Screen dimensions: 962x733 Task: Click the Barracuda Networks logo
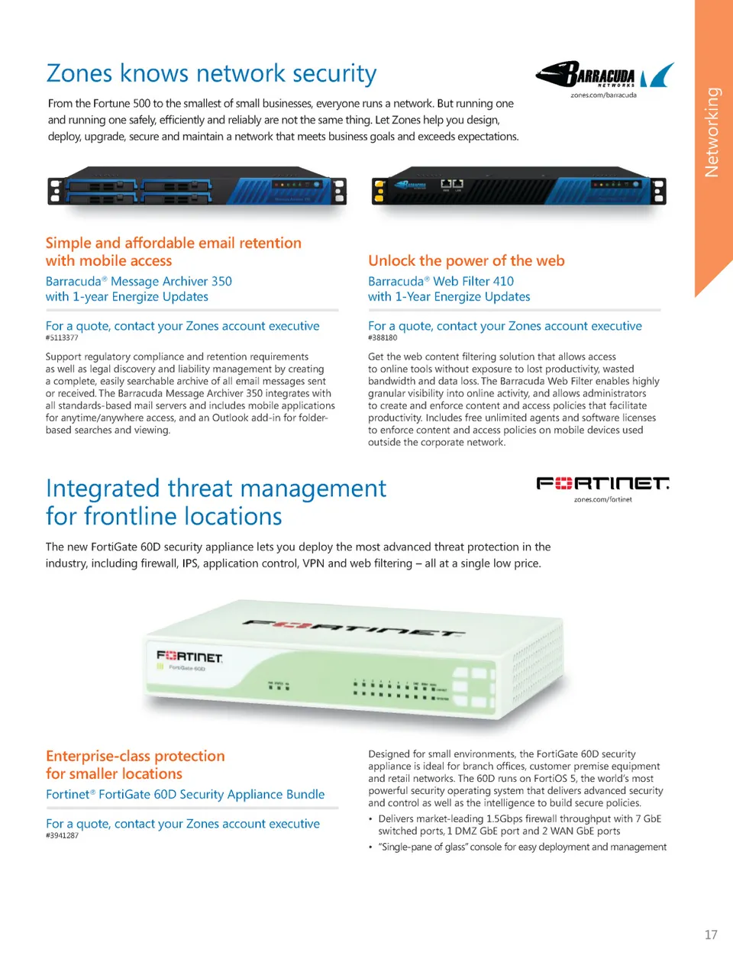(604, 75)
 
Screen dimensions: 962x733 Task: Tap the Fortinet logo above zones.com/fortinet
(602, 483)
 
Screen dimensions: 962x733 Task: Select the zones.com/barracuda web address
(603, 95)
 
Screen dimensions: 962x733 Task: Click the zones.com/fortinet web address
(602, 499)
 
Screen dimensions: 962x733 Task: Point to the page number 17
(710, 935)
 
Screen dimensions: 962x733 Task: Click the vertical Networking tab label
(712, 131)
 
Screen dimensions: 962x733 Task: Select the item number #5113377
(62, 337)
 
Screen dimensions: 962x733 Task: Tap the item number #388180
(383, 337)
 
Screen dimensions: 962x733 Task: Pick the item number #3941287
(62, 835)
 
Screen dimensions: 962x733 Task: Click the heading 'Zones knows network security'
(212, 73)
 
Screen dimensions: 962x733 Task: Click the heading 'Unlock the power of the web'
(466, 260)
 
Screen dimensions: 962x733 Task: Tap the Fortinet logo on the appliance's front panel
(189, 656)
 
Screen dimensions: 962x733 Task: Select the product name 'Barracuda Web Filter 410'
(441, 281)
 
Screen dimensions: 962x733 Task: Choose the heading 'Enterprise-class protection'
(135, 756)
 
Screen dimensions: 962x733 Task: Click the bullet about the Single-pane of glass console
(521, 847)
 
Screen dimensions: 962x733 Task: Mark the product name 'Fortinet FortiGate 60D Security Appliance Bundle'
(185, 794)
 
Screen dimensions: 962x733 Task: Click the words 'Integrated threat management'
(216, 489)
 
